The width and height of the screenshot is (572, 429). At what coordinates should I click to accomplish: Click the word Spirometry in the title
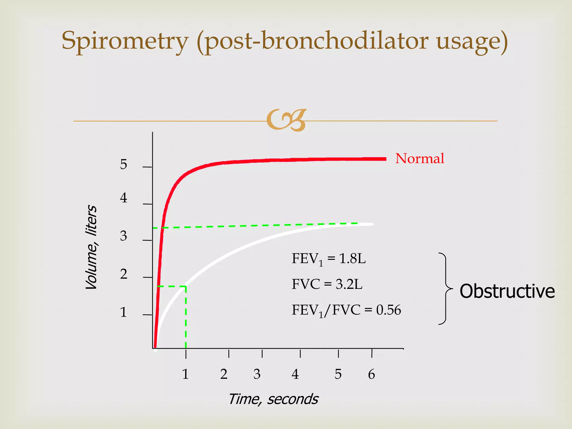click(125, 41)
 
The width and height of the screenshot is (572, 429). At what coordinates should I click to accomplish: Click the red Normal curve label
click(420, 158)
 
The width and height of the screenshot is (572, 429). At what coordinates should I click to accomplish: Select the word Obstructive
click(507, 291)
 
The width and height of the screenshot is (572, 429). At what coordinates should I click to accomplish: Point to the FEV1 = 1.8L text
click(328, 259)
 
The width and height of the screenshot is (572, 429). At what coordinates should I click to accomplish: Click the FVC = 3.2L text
click(327, 284)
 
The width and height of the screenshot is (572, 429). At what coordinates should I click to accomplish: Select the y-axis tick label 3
click(123, 236)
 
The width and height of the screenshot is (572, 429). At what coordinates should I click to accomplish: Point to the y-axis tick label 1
click(123, 312)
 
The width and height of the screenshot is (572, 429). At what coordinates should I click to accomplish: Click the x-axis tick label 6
click(371, 374)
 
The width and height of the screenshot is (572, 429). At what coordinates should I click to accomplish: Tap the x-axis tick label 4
click(295, 374)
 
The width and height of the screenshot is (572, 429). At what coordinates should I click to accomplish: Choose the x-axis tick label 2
click(224, 374)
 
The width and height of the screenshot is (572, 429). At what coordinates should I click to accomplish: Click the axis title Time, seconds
click(273, 399)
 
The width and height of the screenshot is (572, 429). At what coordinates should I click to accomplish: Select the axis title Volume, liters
click(91, 247)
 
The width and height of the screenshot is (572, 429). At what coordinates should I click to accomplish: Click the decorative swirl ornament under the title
click(286, 120)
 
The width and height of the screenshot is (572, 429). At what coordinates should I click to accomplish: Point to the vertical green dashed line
click(186, 318)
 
